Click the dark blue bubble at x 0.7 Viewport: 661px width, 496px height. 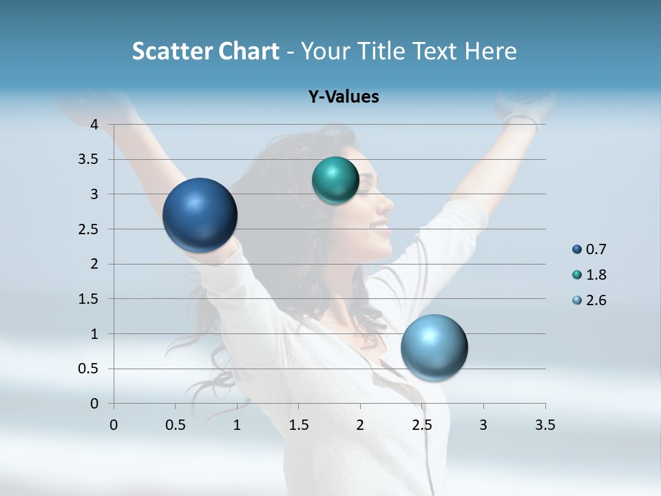click(200, 215)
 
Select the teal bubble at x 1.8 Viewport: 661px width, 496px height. click(335, 180)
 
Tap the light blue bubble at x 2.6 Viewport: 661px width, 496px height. click(434, 347)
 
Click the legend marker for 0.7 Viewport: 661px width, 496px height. click(577, 249)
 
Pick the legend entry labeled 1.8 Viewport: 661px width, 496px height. click(596, 275)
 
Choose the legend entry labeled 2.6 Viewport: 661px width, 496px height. click(596, 300)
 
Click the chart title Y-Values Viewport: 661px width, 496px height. click(343, 97)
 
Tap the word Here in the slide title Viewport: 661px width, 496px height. click(490, 51)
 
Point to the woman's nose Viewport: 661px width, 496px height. click(389, 203)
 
